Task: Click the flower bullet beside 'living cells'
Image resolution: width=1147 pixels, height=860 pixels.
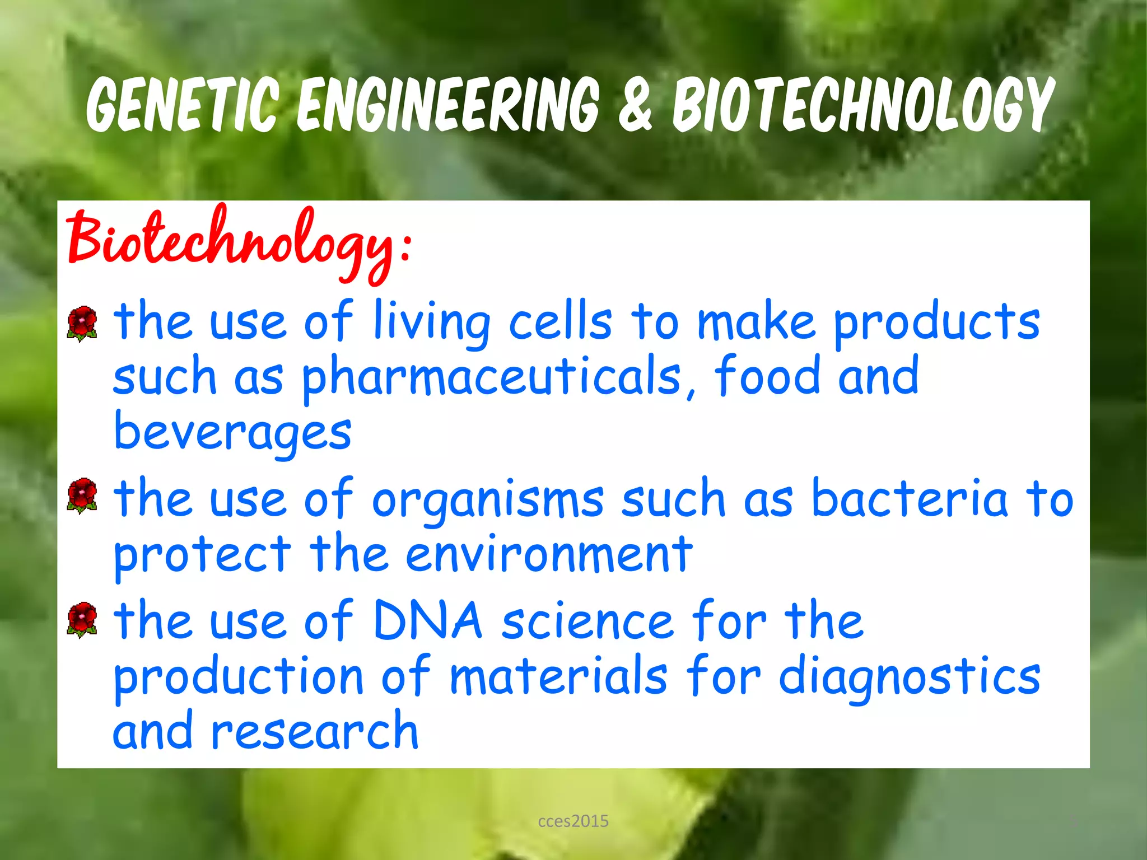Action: coord(82,323)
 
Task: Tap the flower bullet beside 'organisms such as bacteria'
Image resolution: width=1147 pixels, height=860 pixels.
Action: coord(82,496)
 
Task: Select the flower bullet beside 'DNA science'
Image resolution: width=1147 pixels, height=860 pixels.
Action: coord(82,620)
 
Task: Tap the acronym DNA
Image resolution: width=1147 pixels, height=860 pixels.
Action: coord(427,620)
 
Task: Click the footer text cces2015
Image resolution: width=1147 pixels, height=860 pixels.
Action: coord(573,821)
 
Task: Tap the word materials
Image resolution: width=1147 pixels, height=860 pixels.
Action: coord(558,676)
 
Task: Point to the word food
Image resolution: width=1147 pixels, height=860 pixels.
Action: coord(767,376)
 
